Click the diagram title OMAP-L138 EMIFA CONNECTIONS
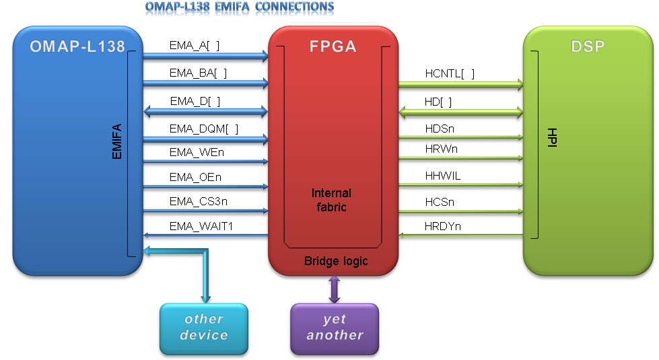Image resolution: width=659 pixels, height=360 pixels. [x=239, y=7]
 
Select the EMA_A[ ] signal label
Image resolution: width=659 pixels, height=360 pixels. [x=195, y=45]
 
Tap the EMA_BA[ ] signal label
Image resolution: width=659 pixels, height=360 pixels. [x=198, y=73]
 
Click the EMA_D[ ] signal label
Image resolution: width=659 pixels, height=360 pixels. [x=195, y=101]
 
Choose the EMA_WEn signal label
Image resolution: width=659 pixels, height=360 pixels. [x=197, y=152]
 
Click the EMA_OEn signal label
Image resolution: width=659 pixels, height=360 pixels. [x=195, y=178]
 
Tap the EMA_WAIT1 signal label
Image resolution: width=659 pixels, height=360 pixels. [x=201, y=226]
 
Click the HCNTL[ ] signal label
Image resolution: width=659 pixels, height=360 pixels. [x=450, y=73]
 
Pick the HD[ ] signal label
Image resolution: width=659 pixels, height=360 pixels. [x=438, y=102]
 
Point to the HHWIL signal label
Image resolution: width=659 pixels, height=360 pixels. [x=443, y=176]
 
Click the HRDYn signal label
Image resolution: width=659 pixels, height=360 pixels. [x=443, y=226]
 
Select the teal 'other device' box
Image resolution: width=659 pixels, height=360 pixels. [x=204, y=328]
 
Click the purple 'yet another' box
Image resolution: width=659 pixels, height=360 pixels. [x=335, y=328]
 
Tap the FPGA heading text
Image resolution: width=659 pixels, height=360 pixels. [x=333, y=47]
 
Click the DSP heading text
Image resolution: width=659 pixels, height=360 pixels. [x=586, y=46]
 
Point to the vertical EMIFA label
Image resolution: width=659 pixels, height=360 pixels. [x=116, y=141]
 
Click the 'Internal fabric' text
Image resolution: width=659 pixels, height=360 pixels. [x=333, y=201]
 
